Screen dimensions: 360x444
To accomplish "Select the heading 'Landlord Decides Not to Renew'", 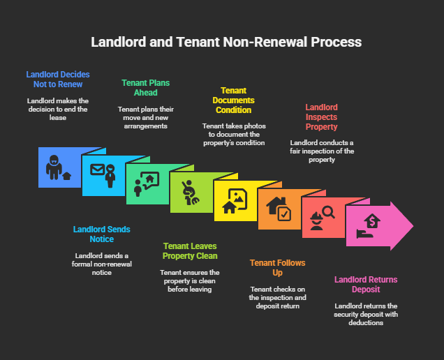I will pyautogui.click(x=58, y=79).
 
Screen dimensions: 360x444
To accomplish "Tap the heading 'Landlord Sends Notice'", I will pyautogui.click(x=102, y=234).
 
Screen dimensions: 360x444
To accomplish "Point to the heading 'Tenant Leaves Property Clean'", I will pyautogui.click(x=190, y=251).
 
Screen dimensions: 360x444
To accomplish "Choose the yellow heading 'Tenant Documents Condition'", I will pyautogui.click(x=234, y=100).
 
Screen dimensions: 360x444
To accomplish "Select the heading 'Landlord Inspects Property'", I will pyautogui.click(x=321, y=117).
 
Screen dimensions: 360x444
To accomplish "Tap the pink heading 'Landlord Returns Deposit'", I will pyautogui.click(x=365, y=285).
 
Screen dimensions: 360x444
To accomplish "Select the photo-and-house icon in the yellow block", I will pyautogui.click(x=235, y=201).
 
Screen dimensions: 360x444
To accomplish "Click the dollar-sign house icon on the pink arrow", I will pyautogui.click(x=370, y=225).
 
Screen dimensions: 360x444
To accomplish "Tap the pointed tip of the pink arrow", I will pyautogui.click(x=413, y=225).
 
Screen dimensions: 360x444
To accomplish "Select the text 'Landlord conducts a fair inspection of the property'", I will pyautogui.click(x=322, y=151).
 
